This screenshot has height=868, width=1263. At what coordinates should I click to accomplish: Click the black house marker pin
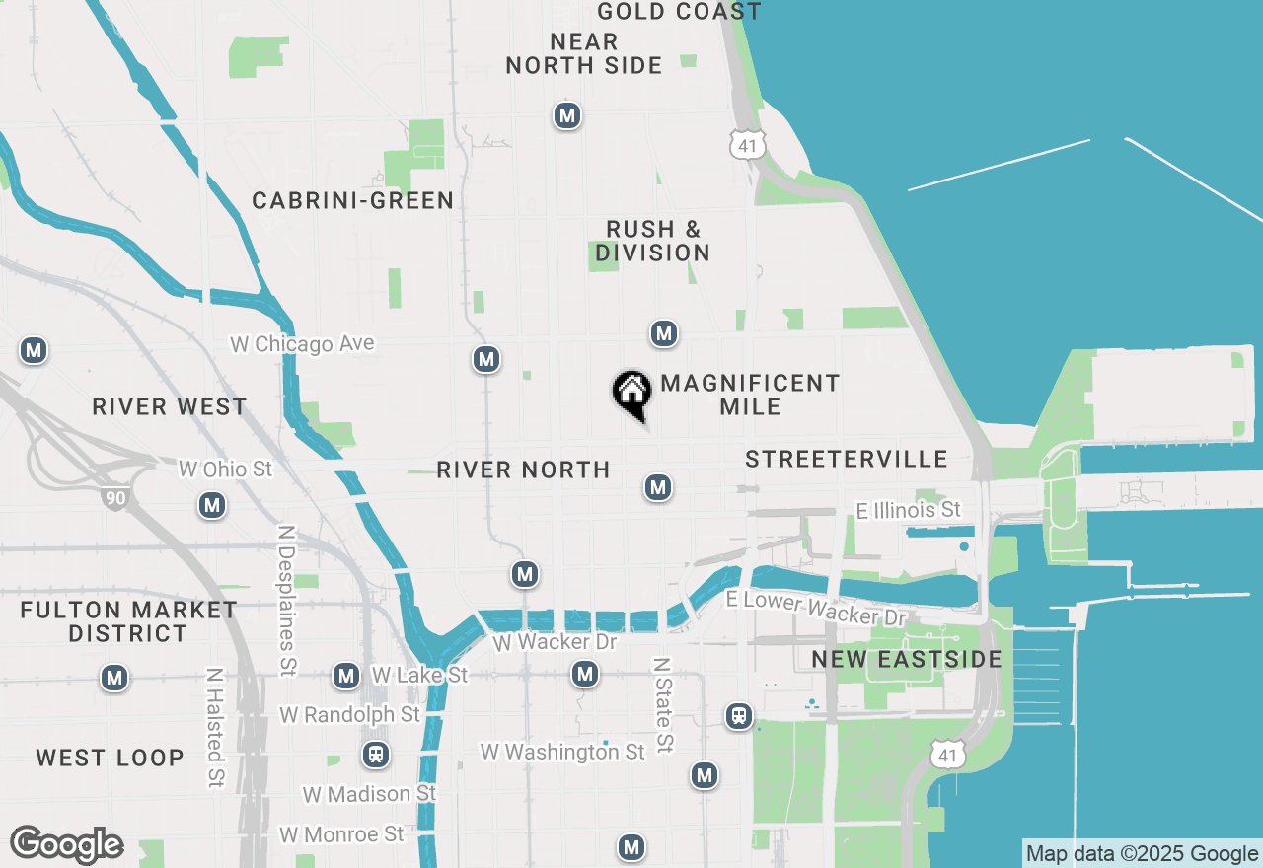(631, 393)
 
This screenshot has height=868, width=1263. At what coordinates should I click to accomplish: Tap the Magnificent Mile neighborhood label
(750, 395)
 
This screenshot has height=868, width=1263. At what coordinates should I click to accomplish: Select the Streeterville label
(847, 459)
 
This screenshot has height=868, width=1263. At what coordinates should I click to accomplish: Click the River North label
(523, 470)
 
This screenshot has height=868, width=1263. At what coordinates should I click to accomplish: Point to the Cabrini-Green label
(352, 201)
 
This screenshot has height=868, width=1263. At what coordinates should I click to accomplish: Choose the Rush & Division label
(652, 241)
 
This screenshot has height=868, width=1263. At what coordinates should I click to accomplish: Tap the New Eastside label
(906, 659)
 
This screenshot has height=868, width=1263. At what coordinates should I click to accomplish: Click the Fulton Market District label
(128, 621)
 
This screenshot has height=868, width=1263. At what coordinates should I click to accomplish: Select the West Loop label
(110, 758)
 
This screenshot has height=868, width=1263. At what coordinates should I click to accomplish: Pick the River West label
(169, 406)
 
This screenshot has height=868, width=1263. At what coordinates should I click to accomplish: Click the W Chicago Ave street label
(302, 344)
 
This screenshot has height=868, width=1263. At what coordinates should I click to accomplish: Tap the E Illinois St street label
(908, 510)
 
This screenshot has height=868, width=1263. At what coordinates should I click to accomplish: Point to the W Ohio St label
(225, 469)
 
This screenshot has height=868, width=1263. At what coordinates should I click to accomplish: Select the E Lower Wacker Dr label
(815, 608)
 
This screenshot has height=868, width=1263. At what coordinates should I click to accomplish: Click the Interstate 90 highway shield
(115, 497)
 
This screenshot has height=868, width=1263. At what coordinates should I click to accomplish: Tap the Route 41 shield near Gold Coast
(747, 146)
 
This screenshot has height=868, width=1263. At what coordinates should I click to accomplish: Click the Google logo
(66, 844)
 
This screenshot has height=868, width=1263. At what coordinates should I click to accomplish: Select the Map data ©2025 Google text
(1142, 854)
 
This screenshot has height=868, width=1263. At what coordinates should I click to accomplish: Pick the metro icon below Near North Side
(566, 115)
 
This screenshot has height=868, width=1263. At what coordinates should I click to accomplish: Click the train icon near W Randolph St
(375, 755)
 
